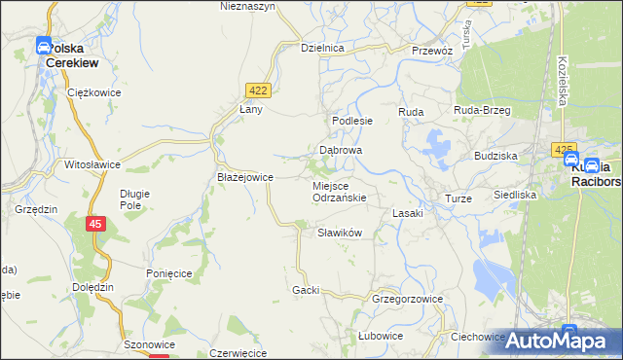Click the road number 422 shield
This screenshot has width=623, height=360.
point(258,90)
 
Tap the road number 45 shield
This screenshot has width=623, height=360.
point(94,224)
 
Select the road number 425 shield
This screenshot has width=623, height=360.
point(563,150)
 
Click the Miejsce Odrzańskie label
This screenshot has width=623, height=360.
point(339,191)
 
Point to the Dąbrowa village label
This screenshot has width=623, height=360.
point(341,151)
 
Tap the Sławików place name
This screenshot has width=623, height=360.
point(340,233)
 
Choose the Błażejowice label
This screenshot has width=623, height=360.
point(244,177)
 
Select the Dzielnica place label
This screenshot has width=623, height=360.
point(323,48)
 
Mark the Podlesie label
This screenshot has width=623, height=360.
point(352,121)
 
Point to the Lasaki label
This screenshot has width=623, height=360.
point(407,213)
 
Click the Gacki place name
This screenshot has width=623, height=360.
point(306,290)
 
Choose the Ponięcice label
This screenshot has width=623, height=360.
point(168,274)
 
